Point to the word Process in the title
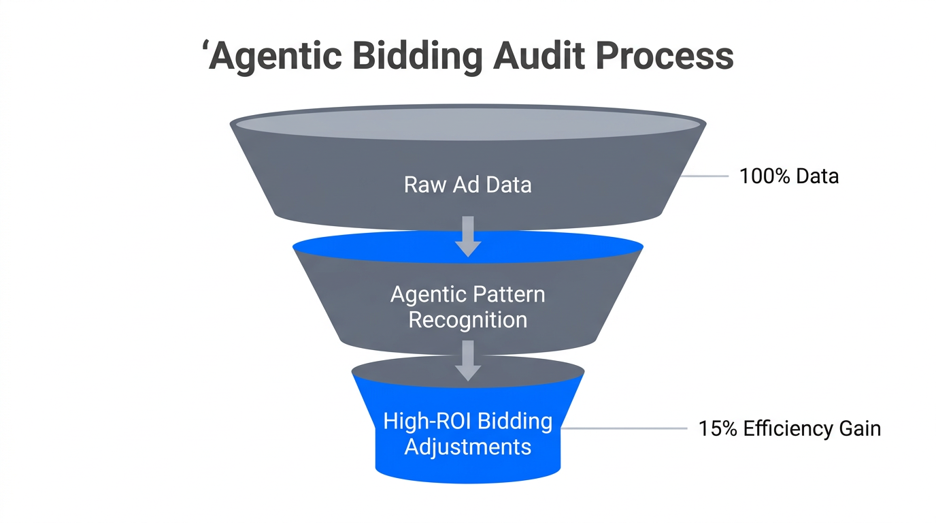665,57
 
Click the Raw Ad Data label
467,185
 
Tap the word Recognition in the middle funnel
467,319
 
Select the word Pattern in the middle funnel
506,295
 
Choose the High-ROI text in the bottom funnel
427,421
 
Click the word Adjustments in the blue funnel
467,447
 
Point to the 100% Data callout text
789,176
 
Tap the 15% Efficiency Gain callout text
789,429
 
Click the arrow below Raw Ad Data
467,236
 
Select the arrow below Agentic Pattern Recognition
467,361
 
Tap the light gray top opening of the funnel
467,124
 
